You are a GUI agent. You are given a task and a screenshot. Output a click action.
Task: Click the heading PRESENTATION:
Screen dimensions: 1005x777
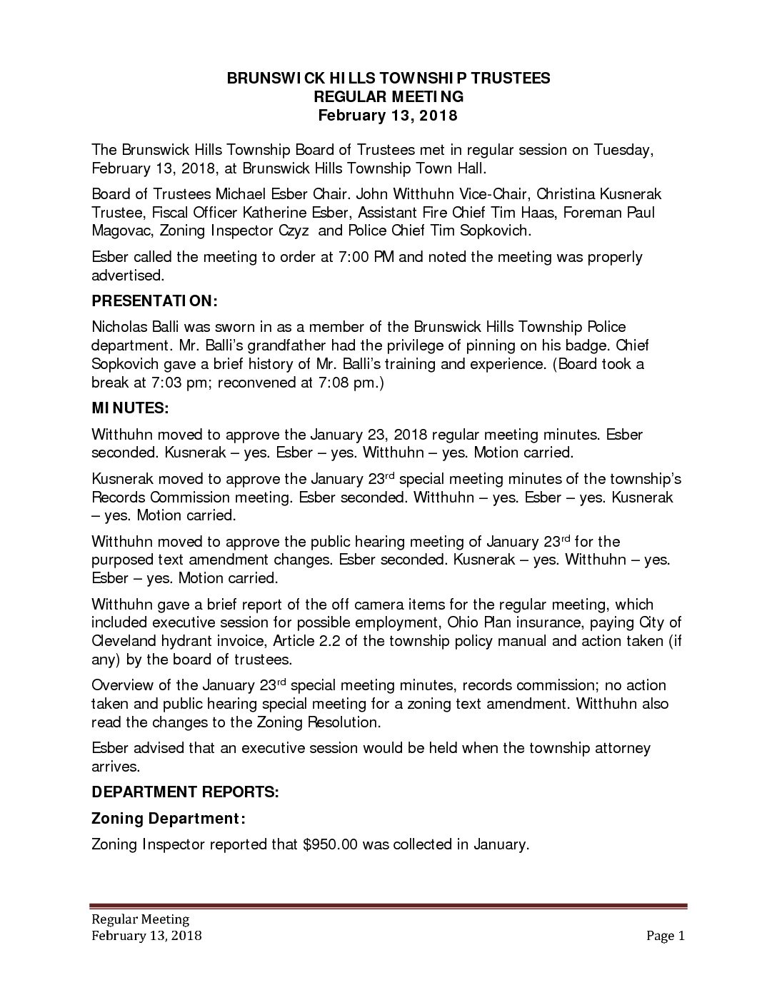pos(154,301)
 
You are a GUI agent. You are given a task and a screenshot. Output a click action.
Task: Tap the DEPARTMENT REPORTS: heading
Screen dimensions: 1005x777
pos(185,792)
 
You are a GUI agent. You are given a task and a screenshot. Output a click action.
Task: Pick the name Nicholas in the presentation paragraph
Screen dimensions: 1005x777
pos(117,328)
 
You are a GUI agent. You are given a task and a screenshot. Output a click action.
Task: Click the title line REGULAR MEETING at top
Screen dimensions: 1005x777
pos(388,96)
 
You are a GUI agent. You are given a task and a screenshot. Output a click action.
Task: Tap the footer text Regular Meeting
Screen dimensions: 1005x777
pos(139,919)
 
